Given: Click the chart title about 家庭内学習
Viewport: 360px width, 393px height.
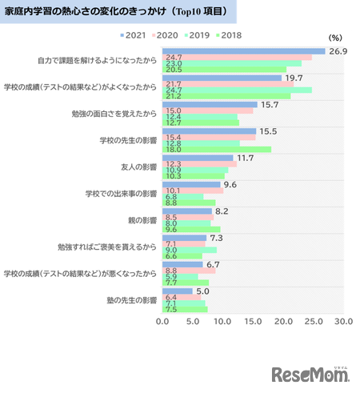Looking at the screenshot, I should [120, 13].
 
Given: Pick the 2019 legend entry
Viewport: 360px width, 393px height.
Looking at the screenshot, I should [197, 36].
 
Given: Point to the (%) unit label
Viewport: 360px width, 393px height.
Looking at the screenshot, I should [336, 38].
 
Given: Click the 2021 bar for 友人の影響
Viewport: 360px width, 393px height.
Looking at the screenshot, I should [198, 158].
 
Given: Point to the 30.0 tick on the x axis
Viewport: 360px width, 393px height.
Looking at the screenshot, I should [343, 322].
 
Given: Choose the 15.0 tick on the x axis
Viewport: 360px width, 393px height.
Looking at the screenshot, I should [252, 322].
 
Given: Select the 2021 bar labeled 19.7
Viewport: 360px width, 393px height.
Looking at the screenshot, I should [222, 78].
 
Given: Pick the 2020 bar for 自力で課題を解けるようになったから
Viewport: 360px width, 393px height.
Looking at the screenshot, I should [237, 58].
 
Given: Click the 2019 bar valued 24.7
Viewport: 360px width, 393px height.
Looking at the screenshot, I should [237, 90].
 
